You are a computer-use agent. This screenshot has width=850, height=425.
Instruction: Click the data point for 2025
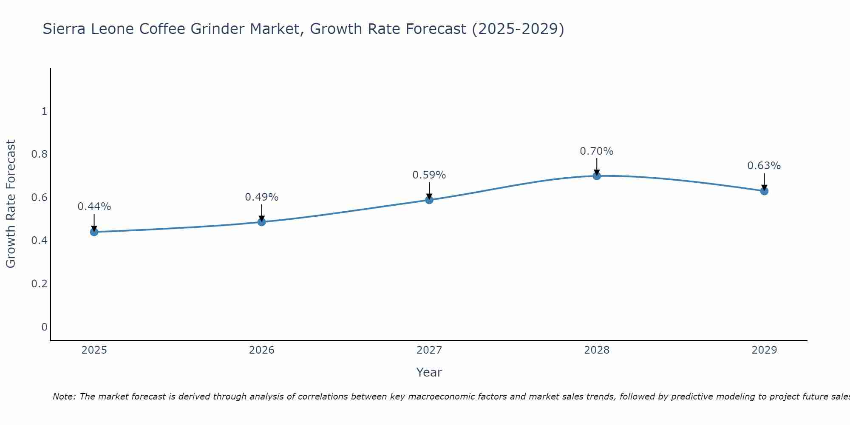click(94, 232)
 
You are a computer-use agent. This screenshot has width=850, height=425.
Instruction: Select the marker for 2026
click(262, 222)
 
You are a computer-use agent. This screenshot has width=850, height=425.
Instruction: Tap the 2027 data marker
click(429, 200)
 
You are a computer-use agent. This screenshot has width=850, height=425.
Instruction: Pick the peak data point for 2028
click(597, 176)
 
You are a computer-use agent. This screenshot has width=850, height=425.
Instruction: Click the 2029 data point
click(764, 191)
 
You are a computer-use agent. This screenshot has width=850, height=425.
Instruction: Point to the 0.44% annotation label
click(94, 207)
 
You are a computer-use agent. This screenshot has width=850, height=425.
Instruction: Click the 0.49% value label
click(262, 197)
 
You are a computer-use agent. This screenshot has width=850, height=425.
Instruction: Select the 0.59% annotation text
click(429, 175)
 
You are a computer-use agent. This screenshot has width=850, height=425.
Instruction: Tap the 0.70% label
click(597, 151)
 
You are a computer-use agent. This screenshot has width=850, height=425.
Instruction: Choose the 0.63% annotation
click(764, 166)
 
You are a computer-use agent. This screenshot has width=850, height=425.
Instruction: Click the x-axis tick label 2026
click(262, 350)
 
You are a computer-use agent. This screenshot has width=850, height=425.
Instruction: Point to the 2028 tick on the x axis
click(597, 350)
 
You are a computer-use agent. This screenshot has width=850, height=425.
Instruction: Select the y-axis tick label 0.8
click(39, 154)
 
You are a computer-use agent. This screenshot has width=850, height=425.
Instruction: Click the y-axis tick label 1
click(44, 111)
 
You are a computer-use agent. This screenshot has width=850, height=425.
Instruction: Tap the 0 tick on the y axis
click(44, 327)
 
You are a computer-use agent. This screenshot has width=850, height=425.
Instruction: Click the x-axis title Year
click(429, 372)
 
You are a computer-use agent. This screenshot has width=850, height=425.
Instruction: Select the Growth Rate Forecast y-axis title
click(11, 204)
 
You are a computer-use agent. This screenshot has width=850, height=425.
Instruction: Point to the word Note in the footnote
click(64, 397)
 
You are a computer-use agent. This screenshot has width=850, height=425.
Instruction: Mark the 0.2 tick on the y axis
click(39, 283)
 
